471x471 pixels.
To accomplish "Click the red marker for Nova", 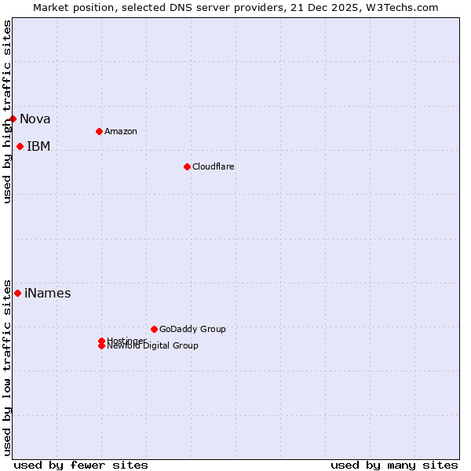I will [x=13, y=119].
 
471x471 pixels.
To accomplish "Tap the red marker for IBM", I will [x=20, y=147].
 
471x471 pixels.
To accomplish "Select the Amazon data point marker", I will [x=99, y=131].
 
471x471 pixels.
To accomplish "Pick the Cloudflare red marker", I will [x=187, y=166].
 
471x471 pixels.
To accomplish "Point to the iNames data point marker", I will [x=18, y=294].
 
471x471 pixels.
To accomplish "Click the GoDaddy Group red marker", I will [x=154, y=329].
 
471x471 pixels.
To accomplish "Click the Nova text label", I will [x=35, y=119].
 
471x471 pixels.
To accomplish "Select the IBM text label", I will [x=38, y=147].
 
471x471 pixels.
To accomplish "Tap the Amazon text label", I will [x=121, y=131].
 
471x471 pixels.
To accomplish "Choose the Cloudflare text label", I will [x=214, y=166].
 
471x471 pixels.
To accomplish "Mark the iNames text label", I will [x=48, y=294].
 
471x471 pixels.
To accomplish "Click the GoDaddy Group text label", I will [x=192, y=329].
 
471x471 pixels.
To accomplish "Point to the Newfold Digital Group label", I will [x=153, y=346].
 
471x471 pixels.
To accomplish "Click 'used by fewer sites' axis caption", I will [x=81, y=465].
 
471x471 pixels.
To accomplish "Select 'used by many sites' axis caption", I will [x=394, y=465].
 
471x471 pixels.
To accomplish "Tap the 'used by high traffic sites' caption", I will [x=8, y=111].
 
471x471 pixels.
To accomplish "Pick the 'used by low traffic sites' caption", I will [x=8, y=367].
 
